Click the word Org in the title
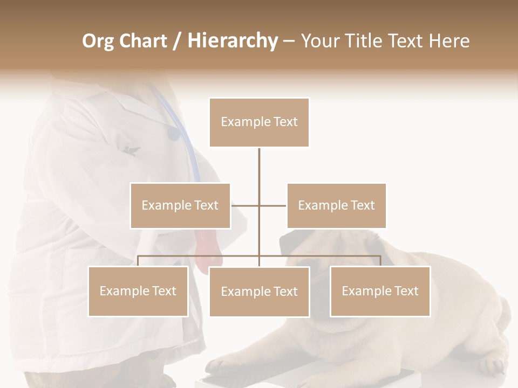[99, 41]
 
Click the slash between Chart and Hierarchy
[176, 41]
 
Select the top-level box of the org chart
[259, 122]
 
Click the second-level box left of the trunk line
[180, 205]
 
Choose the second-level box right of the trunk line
[336, 205]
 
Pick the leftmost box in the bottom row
[138, 291]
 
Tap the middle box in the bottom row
[259, 292]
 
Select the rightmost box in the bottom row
[380, 291]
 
